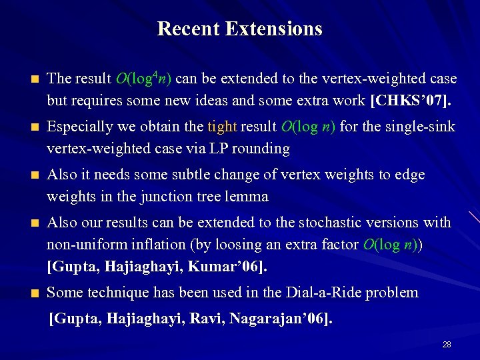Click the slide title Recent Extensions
point(240,29)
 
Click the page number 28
point(447,345)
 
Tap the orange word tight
point(221,126)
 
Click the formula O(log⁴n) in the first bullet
point(143,79)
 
